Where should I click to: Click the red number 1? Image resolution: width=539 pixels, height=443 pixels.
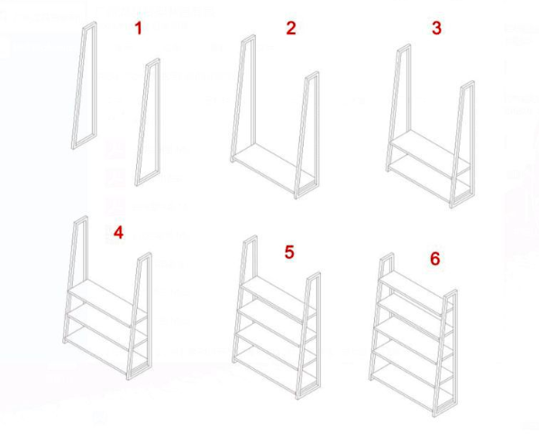pos(138,29)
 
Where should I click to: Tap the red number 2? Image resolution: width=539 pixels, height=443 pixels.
pos(290,28)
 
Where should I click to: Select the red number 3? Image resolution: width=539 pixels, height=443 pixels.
pos(436,28)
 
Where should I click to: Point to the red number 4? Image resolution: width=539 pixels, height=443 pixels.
pos(118,234)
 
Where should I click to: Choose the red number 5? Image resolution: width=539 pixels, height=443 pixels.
pos(288,252)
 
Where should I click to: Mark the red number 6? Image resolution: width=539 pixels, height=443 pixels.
pos(435,259)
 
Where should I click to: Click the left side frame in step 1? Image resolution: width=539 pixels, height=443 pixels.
pos(84,86)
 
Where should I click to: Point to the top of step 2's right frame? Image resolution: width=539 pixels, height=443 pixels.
pos(312,76)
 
